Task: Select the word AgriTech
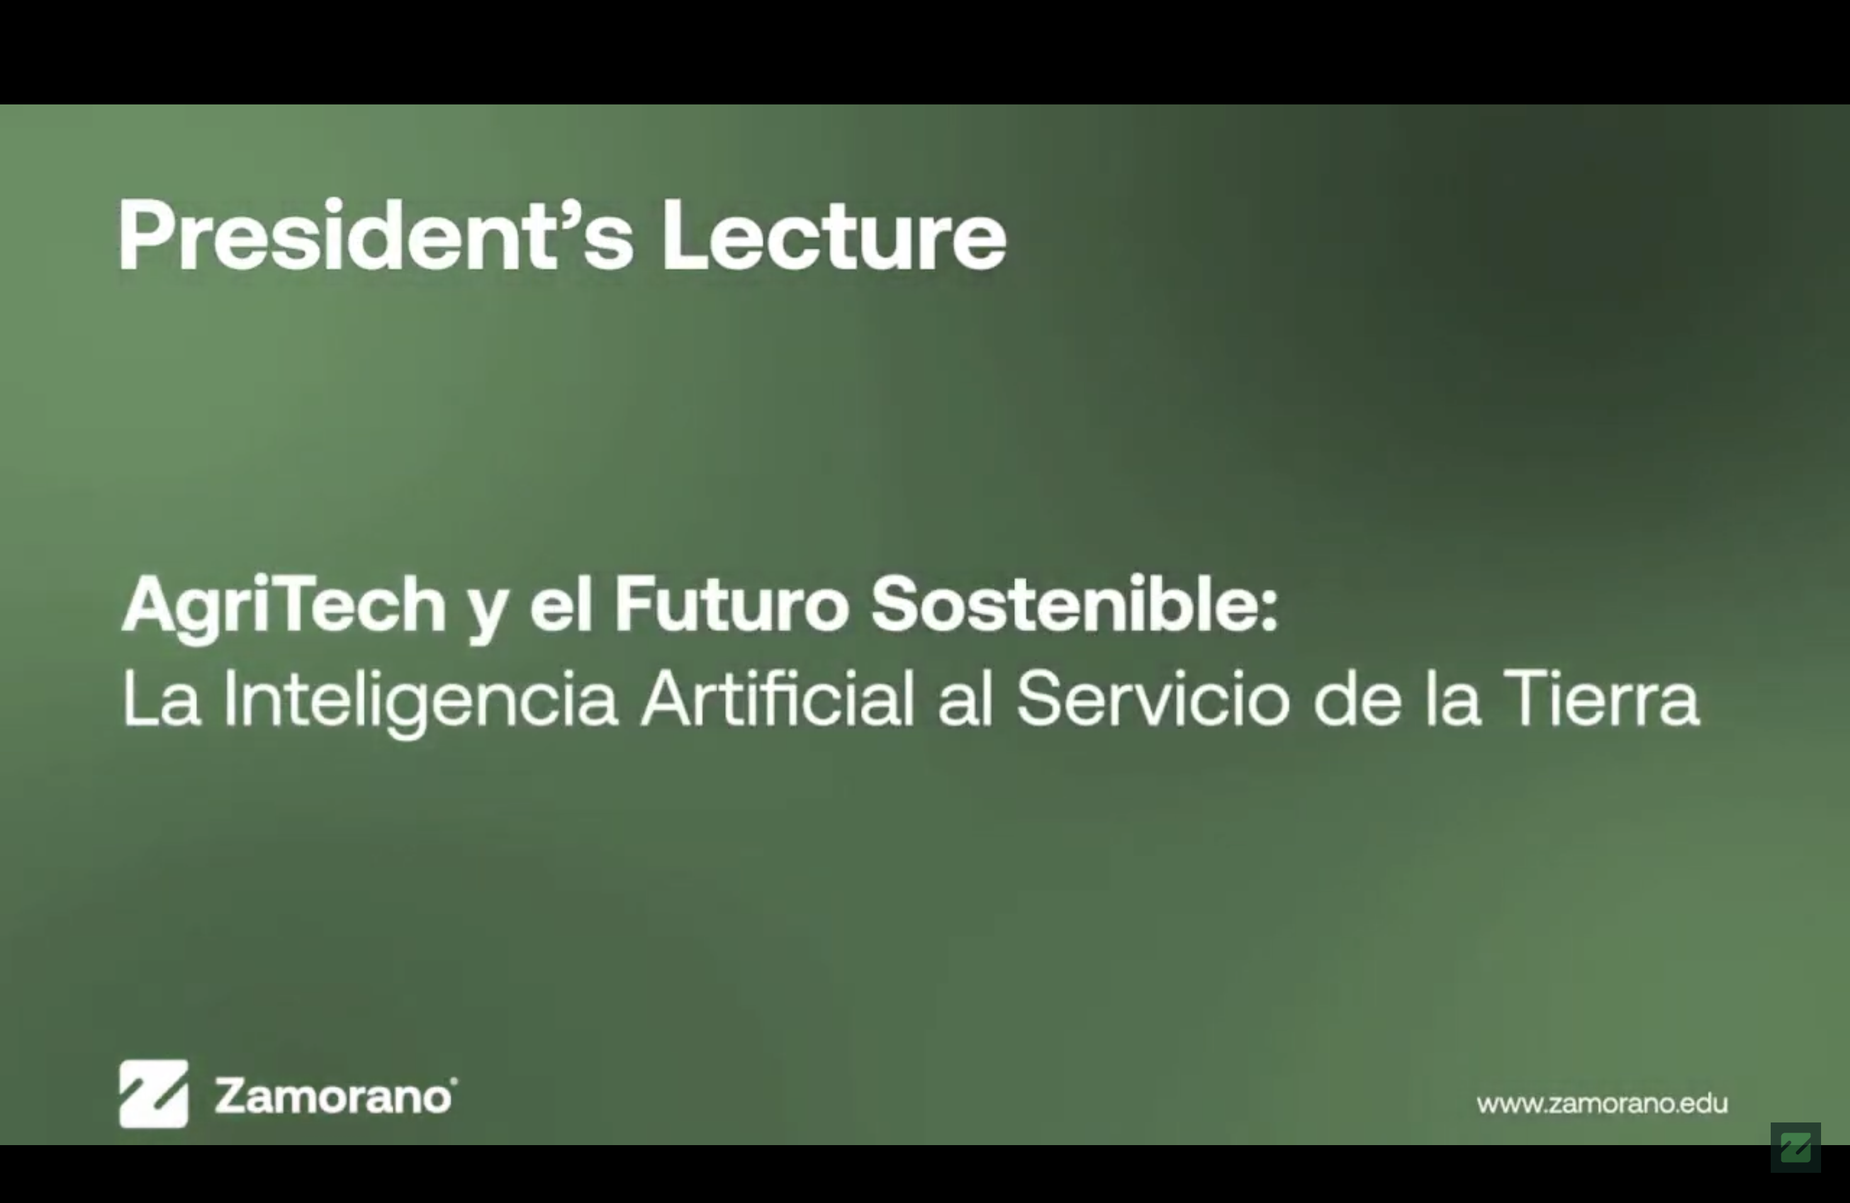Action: tap(284, 608)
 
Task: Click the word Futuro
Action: tap(731, 605)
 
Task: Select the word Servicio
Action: tap(1153, 698)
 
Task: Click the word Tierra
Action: tap(1602, 698)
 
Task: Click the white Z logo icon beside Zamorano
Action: tap(153, 1094)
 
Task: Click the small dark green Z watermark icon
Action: tap(1796, 1147)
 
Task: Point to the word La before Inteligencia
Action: tap(161, 698)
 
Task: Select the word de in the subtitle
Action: tap(1357, 698)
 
